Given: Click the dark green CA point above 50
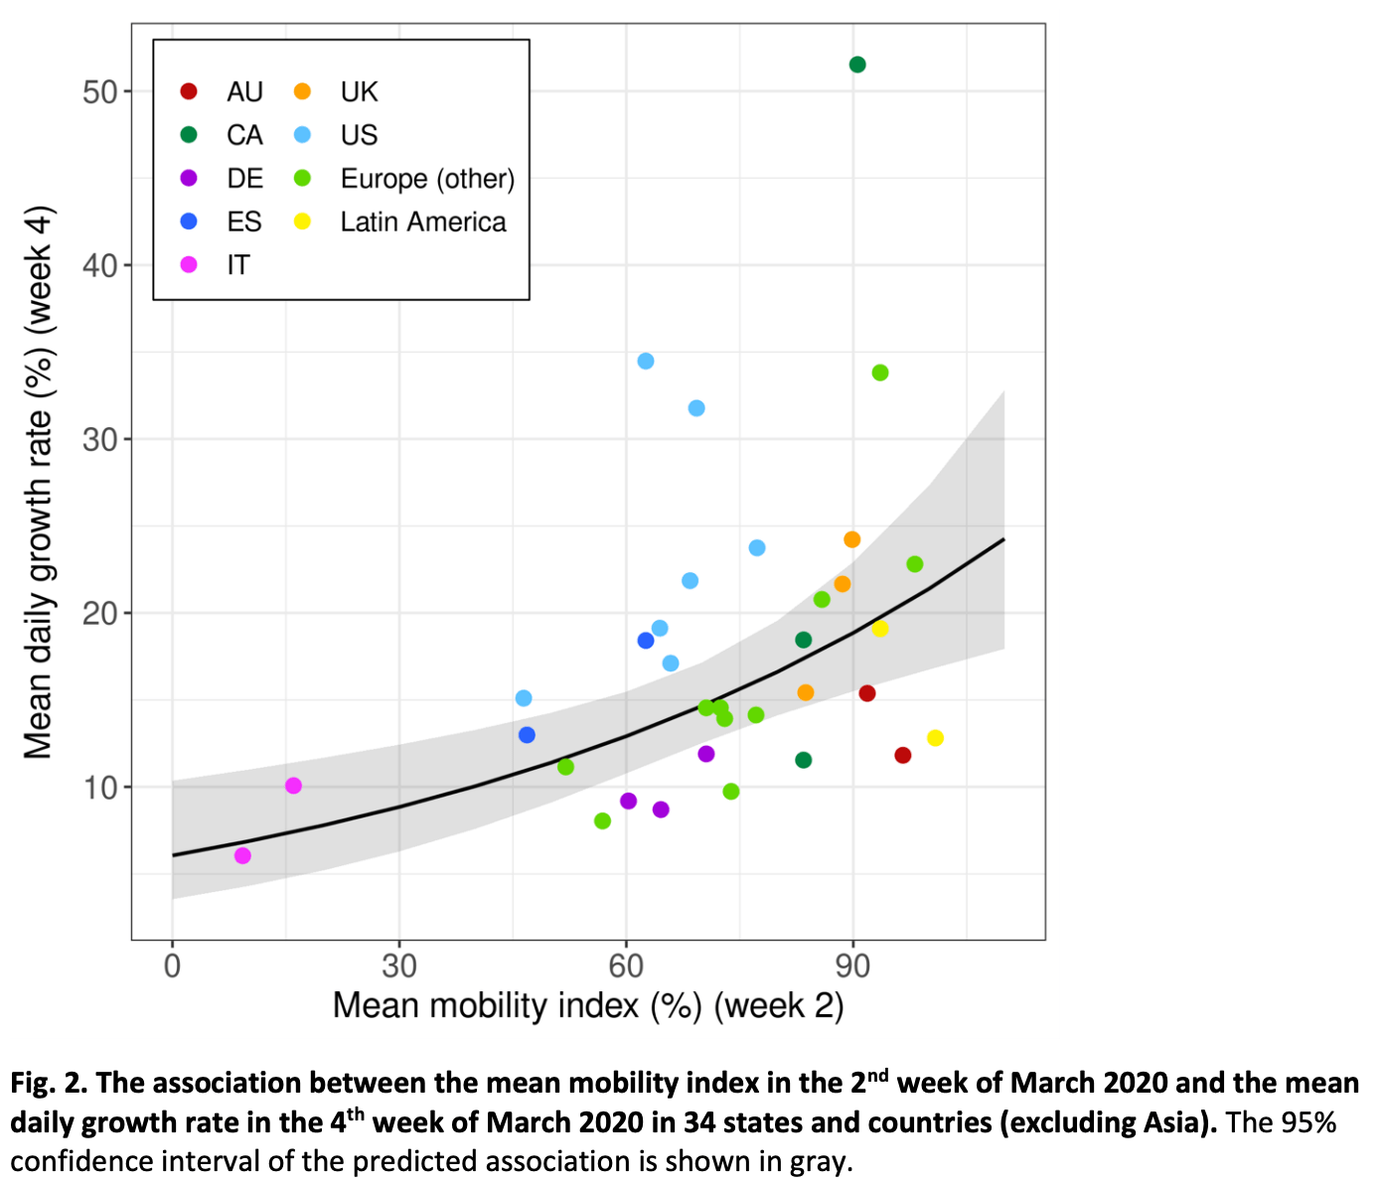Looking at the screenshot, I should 857,65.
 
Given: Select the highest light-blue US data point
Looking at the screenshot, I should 646,361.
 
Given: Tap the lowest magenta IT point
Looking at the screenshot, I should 242,855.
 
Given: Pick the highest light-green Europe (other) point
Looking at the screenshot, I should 880,372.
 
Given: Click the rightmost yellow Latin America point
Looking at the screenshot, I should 935,738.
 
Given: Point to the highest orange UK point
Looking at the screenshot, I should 851,539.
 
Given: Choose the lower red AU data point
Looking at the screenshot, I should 903,755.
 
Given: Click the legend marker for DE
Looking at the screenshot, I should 189,178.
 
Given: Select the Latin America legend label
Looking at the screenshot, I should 423,222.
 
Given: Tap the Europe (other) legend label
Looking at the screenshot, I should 427,179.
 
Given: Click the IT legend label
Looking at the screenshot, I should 238,265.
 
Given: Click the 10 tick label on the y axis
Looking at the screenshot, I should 100,788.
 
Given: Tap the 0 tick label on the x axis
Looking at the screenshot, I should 172,965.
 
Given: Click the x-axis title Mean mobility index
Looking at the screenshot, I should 587,1005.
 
